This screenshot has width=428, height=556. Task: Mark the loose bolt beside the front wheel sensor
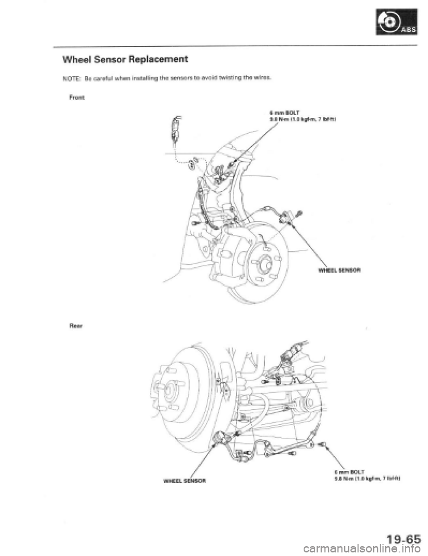[x=300, y=213]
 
